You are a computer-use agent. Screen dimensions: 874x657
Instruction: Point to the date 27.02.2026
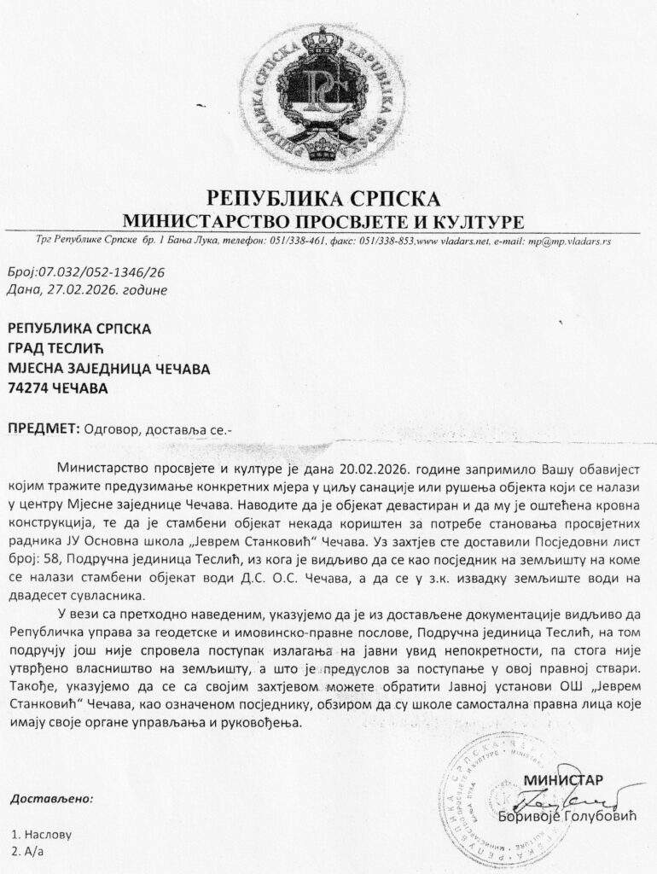tap(89, 289)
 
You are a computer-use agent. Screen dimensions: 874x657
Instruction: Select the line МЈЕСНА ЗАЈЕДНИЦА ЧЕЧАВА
tap(108, 368)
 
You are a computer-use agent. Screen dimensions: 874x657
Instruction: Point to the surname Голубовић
tap(601, 817)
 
